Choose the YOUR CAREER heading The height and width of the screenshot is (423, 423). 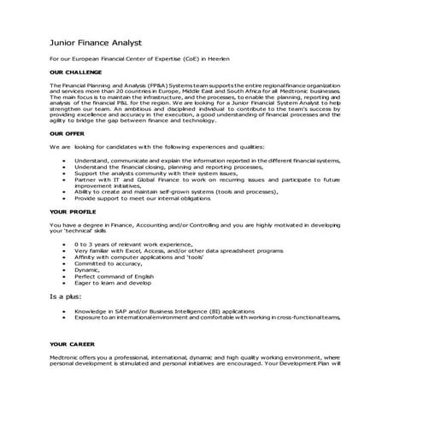click(71, 344)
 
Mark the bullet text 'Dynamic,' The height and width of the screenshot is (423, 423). click(86, 269)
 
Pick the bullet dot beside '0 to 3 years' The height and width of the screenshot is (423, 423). click(65, 244)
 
